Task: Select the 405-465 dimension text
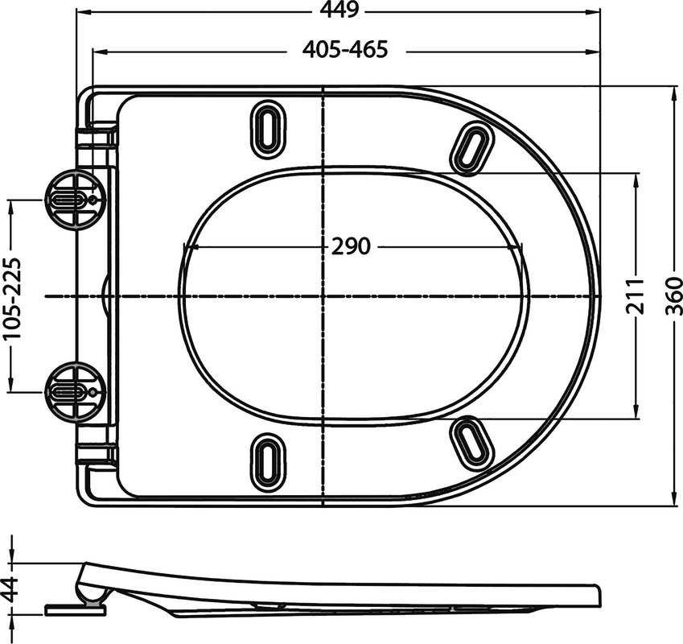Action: click(345, 49)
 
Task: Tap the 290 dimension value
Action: click(351, 246)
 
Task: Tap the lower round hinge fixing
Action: click(73, 392)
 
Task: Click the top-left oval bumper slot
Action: click(266, 128)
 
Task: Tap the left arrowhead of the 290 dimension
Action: click(188, 246)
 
